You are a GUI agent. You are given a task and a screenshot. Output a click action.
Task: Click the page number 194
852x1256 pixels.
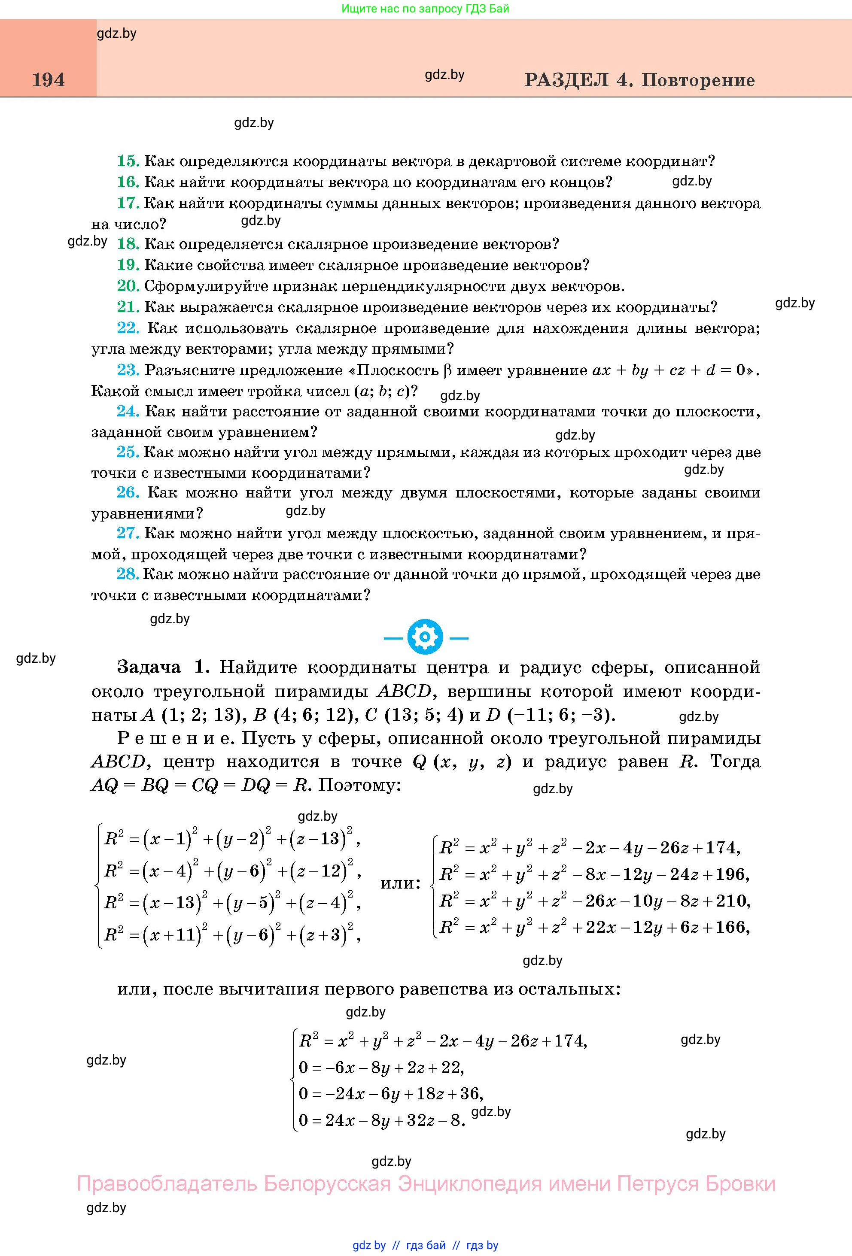48,80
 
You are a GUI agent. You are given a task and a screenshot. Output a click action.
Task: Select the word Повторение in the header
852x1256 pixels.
698,80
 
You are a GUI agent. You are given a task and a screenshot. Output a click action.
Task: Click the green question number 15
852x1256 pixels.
128,161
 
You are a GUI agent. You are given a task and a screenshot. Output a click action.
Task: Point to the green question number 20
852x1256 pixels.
128,286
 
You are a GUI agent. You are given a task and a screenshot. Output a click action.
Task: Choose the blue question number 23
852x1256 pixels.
128,370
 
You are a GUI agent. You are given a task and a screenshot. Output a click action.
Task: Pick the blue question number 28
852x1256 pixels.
128,574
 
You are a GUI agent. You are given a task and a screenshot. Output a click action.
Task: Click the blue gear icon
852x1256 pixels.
426,638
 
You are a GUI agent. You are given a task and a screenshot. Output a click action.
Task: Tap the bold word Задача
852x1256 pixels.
149,667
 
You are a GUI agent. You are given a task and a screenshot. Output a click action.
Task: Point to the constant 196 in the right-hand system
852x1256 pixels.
731,874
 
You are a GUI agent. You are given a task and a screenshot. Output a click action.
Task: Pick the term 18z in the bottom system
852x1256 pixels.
429,1093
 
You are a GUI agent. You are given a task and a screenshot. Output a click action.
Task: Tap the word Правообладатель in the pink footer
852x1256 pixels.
167,1183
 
